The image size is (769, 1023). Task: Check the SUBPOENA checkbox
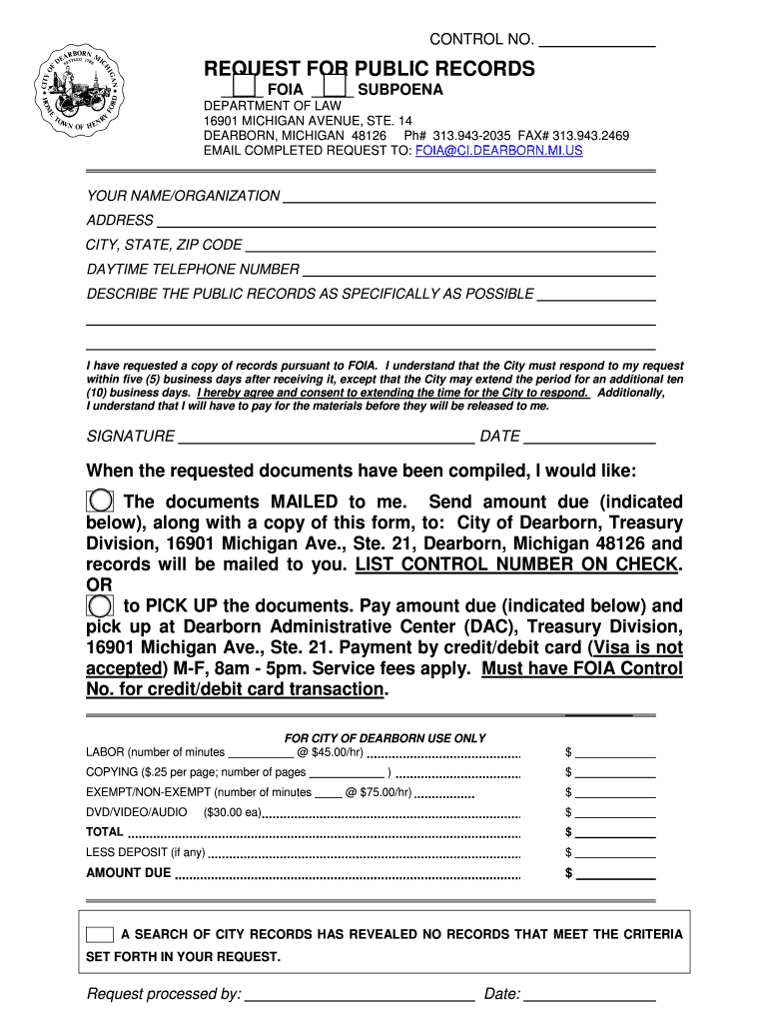point(338,88)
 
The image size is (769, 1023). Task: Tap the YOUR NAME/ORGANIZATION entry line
point(468,196)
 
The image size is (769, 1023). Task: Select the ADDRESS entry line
point(405,221)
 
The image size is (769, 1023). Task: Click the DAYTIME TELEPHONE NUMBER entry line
point(478,270)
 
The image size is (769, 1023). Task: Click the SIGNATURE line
point(326,437)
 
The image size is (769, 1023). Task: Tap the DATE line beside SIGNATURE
point(589,437)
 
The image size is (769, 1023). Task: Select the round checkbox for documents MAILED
point(100,502)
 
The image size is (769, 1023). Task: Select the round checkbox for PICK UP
point(100,605)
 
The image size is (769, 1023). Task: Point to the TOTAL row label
point(105,831)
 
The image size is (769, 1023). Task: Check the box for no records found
point(100,935)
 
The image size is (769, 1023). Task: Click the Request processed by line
point(359,994)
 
